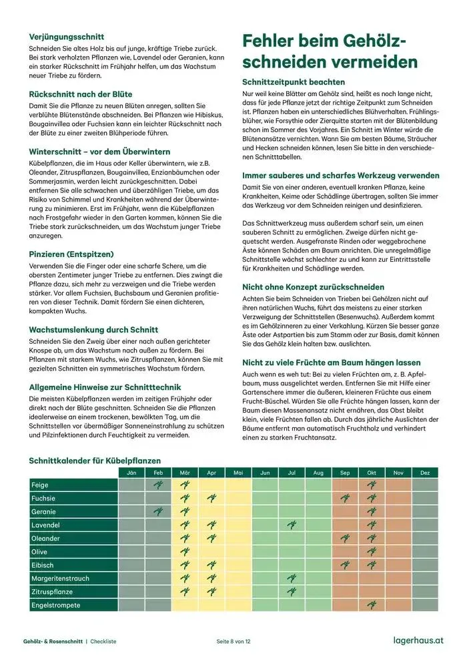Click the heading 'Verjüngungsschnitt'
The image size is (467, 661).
66,37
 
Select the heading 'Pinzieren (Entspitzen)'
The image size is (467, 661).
71,254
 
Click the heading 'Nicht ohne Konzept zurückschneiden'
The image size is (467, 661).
313,286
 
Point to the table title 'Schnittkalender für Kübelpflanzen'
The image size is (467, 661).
95,461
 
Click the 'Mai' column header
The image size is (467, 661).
238,473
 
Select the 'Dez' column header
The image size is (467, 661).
425,473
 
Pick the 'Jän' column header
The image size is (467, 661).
131,473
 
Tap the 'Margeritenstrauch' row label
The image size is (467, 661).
60,579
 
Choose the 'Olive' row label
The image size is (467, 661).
40,552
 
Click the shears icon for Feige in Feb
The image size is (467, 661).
158,485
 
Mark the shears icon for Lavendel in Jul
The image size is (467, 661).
292,525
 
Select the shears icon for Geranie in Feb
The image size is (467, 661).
158,512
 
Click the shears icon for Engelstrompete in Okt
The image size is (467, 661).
372,606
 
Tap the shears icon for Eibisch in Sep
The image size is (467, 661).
345,566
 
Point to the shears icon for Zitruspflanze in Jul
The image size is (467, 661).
292,592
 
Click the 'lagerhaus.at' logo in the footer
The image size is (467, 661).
418,640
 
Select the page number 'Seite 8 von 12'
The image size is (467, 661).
233,641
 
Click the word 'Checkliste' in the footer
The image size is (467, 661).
103,641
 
